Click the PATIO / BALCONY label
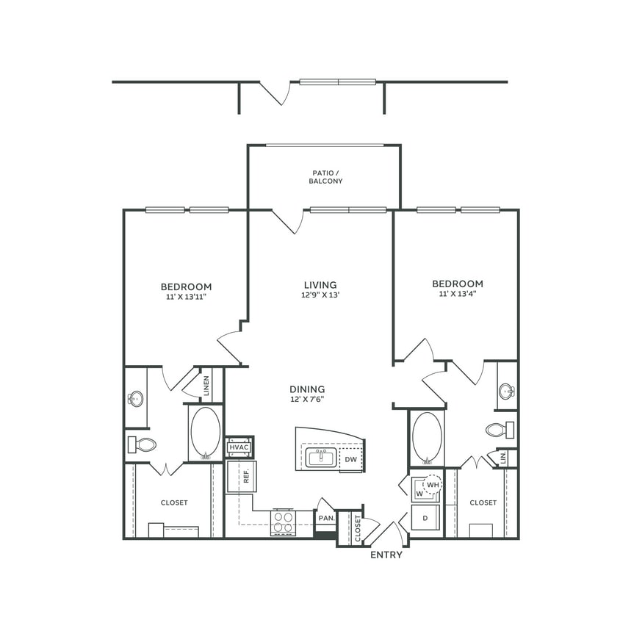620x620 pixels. [325, 176]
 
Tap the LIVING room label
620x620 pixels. [320, 285]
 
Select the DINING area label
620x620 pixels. [307, 389]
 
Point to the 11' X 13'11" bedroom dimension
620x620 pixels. [187, 297]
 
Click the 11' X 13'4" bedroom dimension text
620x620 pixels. [457, 295]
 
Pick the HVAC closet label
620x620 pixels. [239, 447]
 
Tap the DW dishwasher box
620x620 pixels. [350, 459]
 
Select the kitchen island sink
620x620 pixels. [321, 458]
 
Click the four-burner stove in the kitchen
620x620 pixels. [283, 522]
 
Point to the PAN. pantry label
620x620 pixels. [325, 518]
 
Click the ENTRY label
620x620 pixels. [386, 555]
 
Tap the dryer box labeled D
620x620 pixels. [425, 518]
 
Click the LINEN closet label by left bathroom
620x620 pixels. [207, 386]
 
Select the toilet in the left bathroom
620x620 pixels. [143, 444]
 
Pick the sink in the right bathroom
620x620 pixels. [506, 392]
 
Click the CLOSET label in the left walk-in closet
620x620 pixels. [174, 503]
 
